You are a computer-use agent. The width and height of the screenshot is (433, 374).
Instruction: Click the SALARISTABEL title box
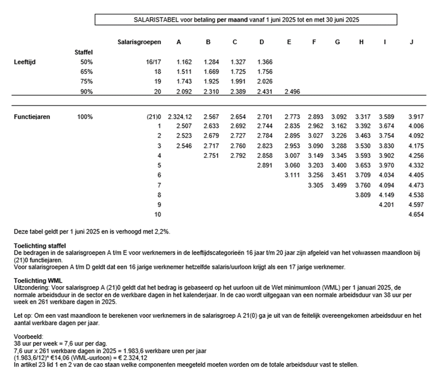(246, 20)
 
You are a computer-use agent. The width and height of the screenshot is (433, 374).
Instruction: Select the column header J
(411, 42)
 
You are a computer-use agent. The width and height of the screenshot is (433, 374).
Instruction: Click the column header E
(289, 42)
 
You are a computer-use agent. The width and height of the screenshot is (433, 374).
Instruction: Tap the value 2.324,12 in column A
(180, 117)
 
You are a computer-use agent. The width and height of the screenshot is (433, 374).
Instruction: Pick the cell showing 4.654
(416, 214)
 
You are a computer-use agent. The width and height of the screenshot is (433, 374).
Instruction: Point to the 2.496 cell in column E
(292, 92)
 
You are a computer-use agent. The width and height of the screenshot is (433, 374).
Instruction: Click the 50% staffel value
(87, 62)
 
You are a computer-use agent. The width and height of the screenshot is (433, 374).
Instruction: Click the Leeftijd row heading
(25, 62)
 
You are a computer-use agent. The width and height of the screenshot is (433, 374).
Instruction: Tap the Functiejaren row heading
(32, 117)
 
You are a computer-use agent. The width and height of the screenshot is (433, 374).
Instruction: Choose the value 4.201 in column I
(386, 205)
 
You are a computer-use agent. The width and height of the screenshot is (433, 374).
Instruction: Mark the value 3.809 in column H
(363, 195)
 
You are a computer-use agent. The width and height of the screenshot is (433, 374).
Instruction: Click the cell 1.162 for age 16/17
(184, 62)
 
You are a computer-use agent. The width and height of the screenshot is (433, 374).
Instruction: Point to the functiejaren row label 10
(157, 214)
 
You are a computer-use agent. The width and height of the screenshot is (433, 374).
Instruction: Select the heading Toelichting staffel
(40, 246)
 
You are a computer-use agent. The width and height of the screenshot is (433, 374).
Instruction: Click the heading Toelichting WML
(38, 280)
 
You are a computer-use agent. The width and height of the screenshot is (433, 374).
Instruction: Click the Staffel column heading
(84, 52)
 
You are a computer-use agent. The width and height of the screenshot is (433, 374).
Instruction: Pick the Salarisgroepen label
(139, 42)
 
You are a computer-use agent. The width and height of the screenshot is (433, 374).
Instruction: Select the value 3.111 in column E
(292, 175)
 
